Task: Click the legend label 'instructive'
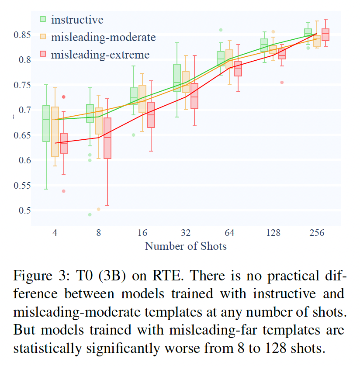point(77,19)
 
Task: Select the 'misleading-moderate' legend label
point(103,37)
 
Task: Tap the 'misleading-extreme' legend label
point(100,55)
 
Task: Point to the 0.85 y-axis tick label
point(22,34)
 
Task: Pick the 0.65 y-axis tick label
point(22,135)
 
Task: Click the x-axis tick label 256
point(317,233)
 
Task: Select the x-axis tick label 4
point(55,233)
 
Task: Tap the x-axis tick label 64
point(229,233)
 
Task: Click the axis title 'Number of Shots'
point(186,246)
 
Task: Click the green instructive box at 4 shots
point(46,123)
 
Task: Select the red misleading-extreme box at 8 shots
point(107,138)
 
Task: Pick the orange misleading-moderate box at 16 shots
point(142,99)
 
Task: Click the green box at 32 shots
point(177,78)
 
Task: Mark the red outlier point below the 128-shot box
point(282,82)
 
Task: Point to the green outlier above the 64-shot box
point(221,30)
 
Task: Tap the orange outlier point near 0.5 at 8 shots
point(98,209)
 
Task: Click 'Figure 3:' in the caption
point(37,276)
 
